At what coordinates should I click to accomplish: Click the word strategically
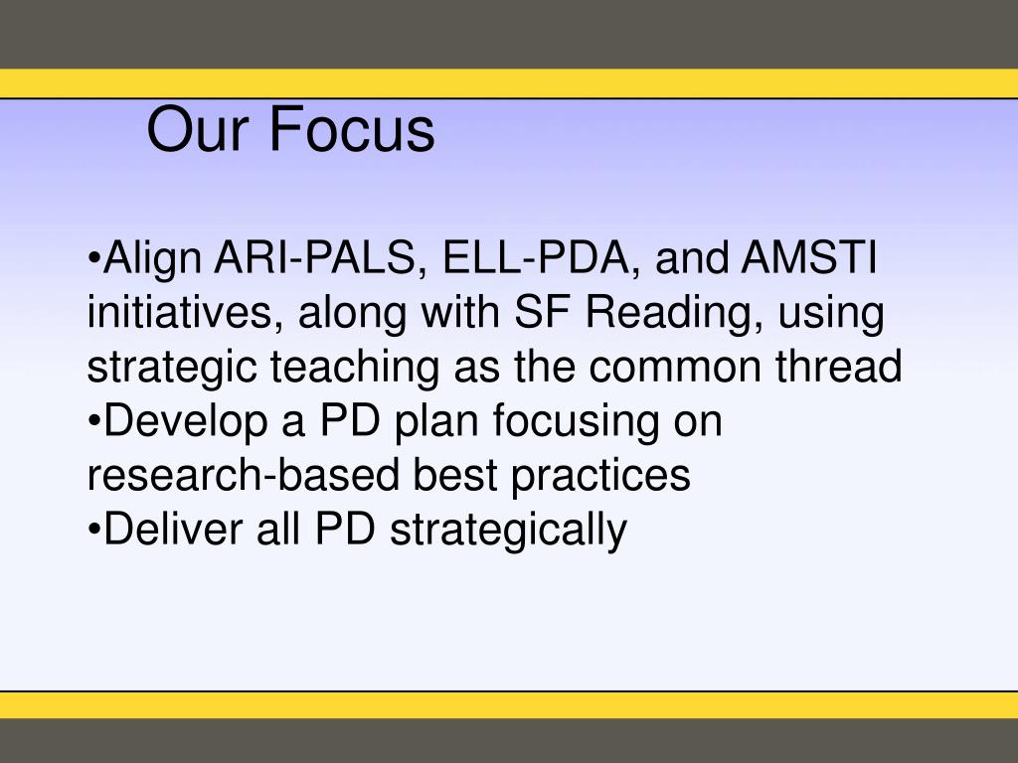coord(508,530)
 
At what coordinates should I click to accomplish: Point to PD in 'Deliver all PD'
coord(345,529)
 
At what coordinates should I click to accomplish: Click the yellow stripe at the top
coord(509,83)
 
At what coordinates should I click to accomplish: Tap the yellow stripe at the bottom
coord(509,704)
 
